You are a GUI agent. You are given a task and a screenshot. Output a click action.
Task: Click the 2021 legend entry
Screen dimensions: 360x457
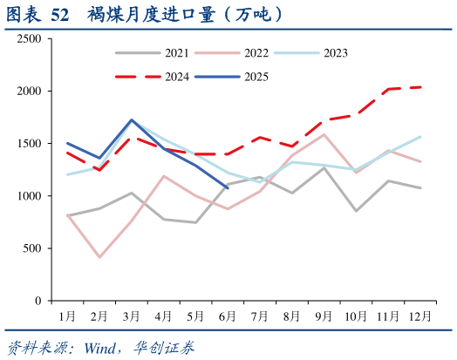coord(149,53)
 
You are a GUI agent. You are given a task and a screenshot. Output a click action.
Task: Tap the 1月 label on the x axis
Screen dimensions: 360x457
coord(66,315)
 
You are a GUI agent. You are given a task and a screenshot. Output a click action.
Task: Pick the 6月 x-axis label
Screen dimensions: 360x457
coord(227,315)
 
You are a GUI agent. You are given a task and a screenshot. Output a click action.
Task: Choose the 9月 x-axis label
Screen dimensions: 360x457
coord(324,315)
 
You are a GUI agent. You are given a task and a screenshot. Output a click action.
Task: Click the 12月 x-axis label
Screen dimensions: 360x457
coord(420,315)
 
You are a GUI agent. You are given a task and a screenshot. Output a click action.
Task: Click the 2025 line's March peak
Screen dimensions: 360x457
coord(131,120)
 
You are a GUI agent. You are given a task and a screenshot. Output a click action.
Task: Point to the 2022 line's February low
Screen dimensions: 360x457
coord(99,257)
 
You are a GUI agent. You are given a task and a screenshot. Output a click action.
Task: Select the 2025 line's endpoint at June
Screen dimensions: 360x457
coord(228,187)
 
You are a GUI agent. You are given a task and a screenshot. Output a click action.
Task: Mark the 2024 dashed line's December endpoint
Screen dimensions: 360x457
coord(420,87)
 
